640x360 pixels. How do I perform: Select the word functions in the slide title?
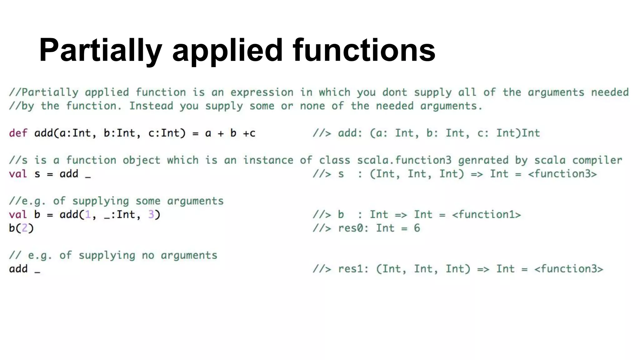364,50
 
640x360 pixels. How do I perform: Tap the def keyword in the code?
18,133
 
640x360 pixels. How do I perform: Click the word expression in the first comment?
262,92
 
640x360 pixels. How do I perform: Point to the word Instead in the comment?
151,106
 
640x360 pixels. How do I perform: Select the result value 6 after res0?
417,228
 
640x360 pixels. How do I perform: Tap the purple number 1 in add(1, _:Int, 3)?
88,215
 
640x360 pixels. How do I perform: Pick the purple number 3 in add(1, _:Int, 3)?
151,215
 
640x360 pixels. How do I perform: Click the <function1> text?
486,215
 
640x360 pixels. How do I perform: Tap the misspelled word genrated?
483,161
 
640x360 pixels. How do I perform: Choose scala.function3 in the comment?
404,161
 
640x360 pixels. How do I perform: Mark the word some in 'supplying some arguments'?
148,201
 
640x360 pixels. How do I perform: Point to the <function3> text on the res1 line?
568,269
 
